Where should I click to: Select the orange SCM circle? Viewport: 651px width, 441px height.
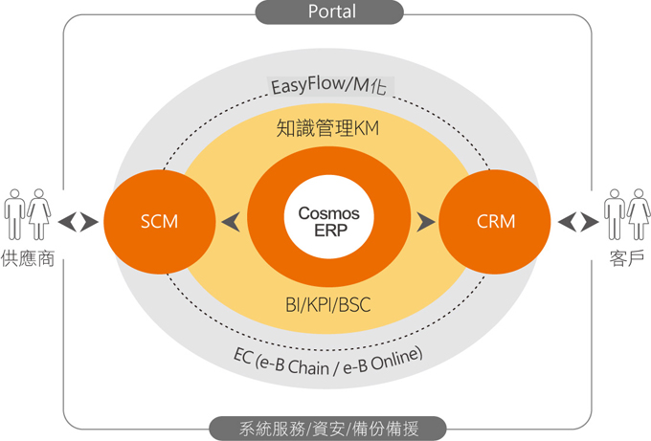coord(158,222)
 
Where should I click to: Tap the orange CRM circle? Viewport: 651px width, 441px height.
coord(495,222)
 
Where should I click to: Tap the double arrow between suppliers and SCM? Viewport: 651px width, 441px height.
coord(78,222)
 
